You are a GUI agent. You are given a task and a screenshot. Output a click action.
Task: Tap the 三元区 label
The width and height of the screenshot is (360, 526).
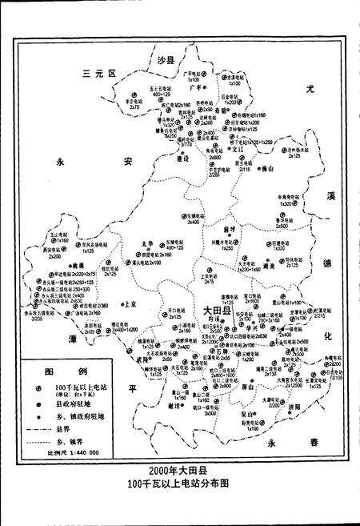[x=100, y=74]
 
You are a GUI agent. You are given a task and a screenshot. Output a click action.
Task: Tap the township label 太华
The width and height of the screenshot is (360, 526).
[x=146, y=243]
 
